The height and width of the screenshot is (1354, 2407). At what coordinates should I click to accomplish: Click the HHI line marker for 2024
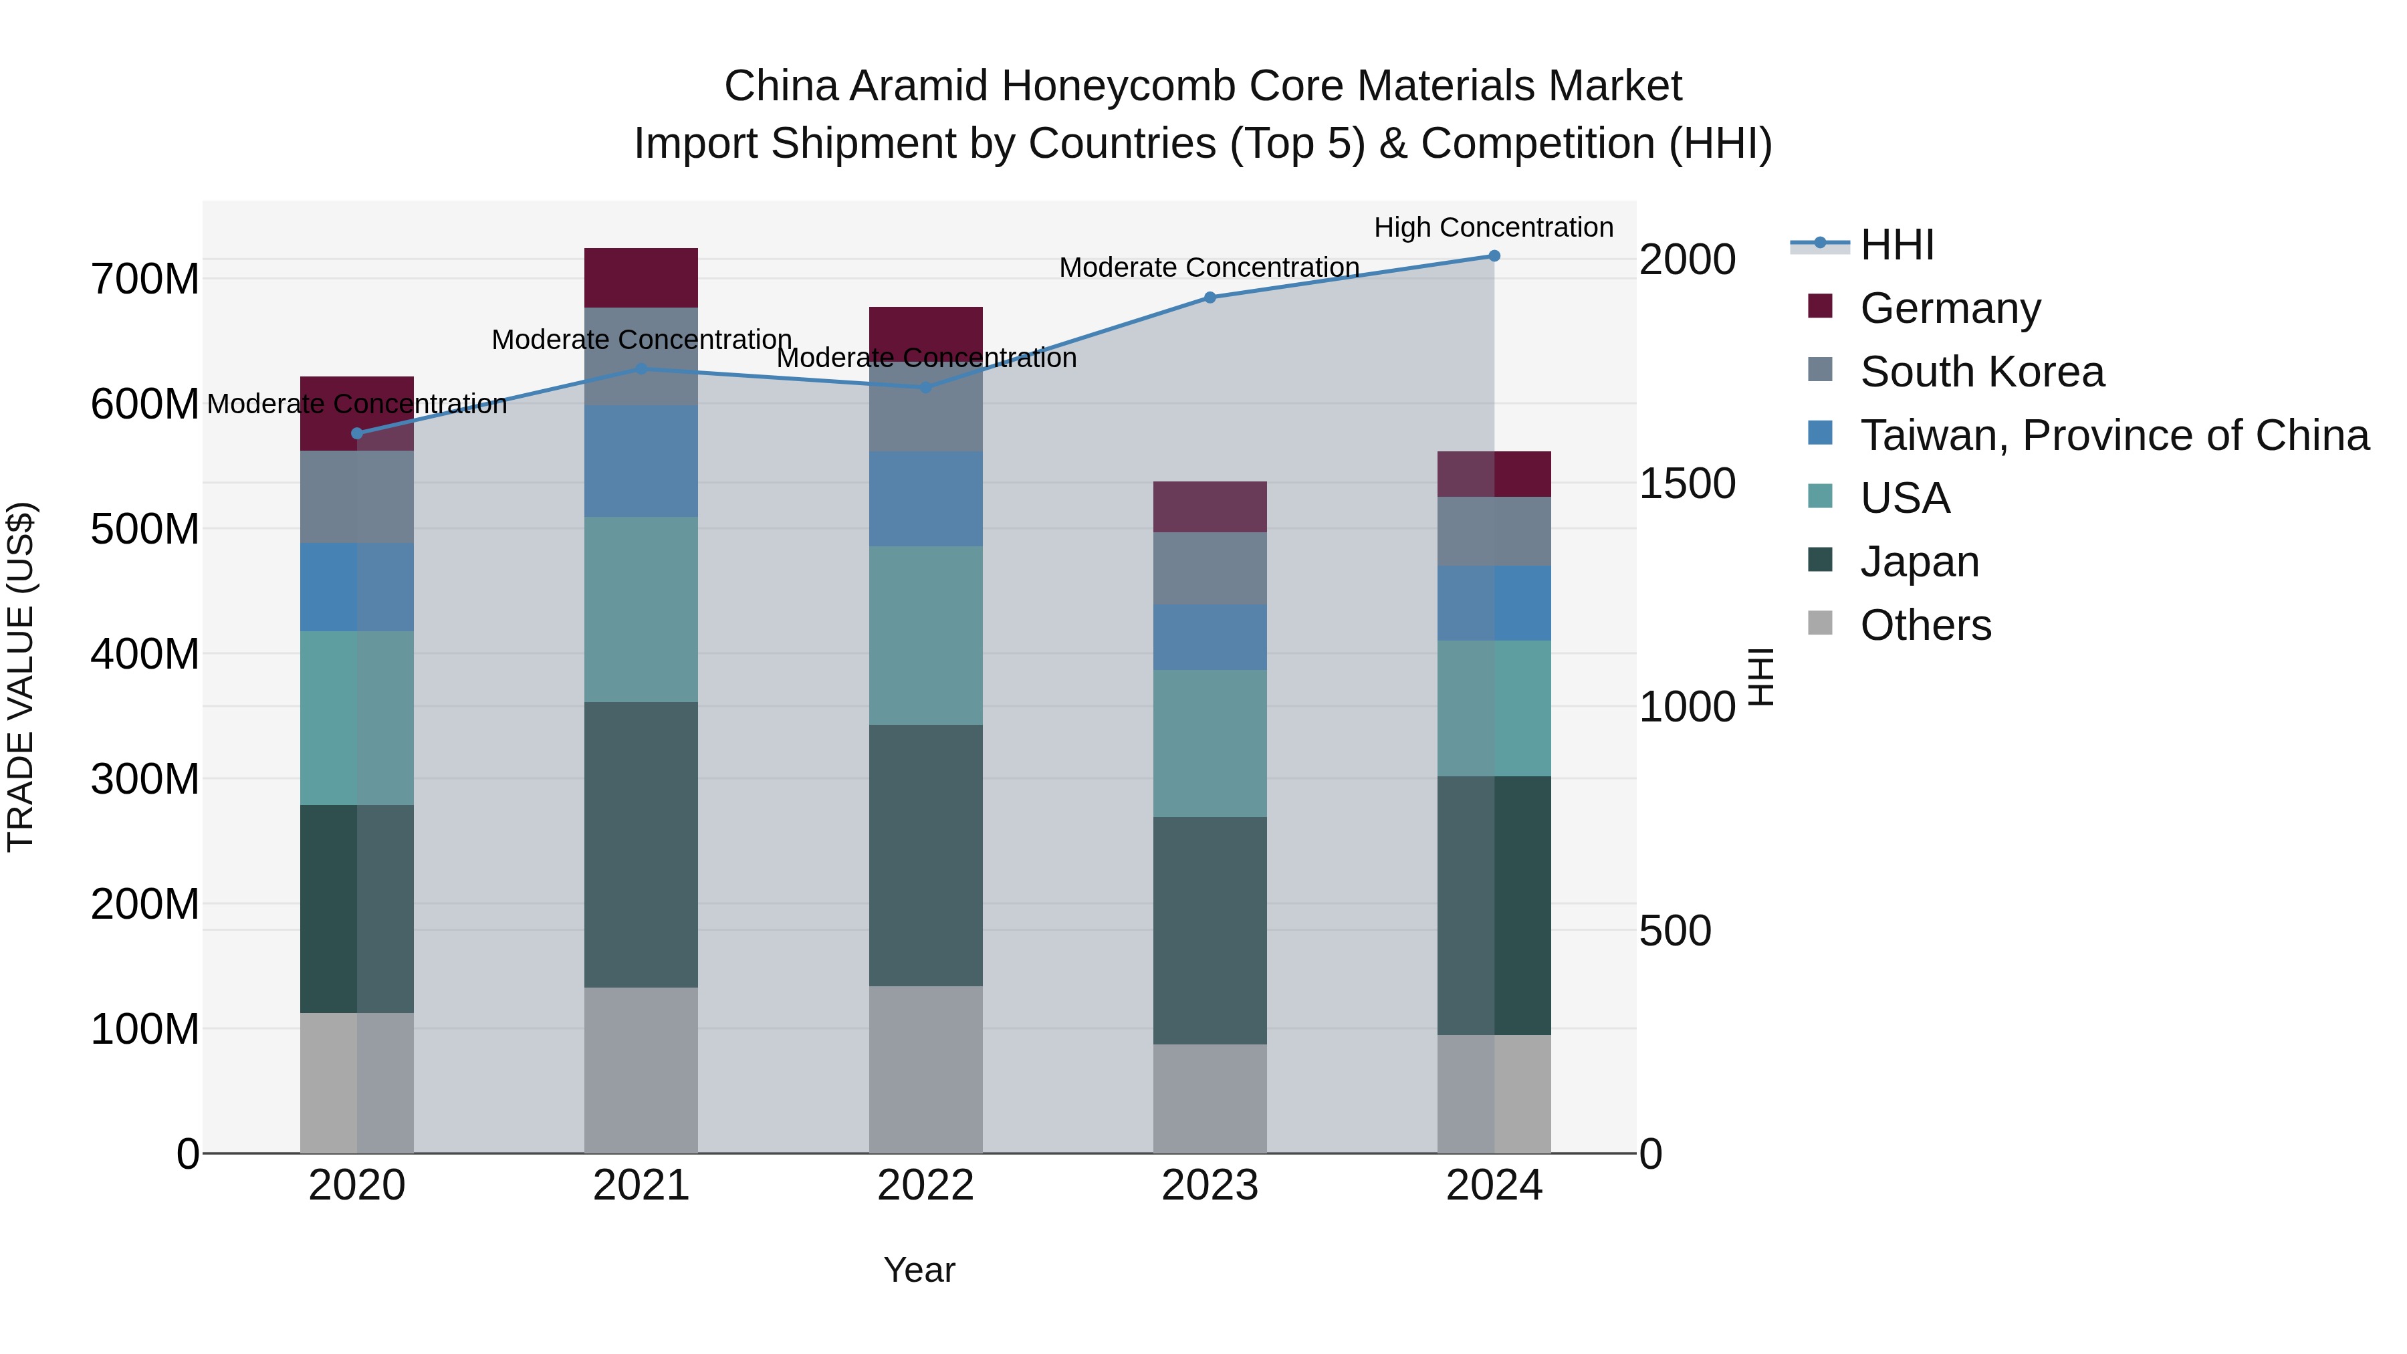1494,256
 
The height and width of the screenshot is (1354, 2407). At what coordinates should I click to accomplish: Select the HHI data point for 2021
641,369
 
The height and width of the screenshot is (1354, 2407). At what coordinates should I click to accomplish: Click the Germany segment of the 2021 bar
641,277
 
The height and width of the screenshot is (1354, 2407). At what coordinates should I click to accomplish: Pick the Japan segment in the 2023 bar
1210,931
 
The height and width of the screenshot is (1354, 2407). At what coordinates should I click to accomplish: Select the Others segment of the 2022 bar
925,1069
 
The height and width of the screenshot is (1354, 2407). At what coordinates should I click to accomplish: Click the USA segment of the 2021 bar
641,609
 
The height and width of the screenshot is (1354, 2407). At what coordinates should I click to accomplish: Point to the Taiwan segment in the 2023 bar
1210,637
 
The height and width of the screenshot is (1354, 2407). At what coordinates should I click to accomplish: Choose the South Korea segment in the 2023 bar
1210,568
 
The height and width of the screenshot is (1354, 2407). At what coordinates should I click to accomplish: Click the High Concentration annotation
1493,228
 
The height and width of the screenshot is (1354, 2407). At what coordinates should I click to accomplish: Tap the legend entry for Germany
1950,308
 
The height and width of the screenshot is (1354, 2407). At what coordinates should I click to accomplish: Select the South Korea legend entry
1982,372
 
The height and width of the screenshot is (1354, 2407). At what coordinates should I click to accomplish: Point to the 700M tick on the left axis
145,279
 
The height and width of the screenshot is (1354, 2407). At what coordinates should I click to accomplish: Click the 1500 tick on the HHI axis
1688,484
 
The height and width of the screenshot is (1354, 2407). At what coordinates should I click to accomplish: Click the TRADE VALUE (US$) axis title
21,677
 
